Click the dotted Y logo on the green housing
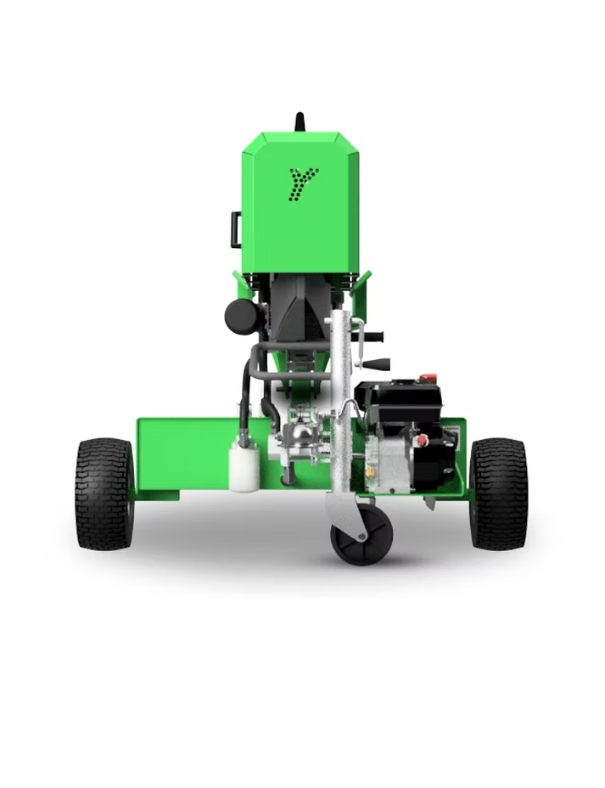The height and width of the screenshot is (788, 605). (303, 183)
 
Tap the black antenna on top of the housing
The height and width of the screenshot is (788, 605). (300, 121)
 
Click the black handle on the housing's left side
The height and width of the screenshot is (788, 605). (236, 229)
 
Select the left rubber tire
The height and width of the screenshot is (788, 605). (104, 493)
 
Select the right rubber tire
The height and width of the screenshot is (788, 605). (498, 493)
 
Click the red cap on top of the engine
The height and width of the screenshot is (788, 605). (429, 379)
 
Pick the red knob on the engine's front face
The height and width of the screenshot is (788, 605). (421, 440)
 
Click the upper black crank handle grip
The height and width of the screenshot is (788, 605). (373, 336)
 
